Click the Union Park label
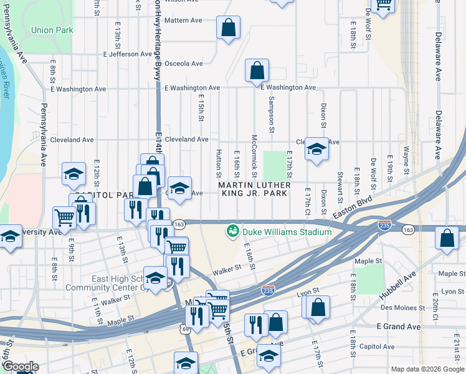52,30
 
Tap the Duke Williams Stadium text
287,232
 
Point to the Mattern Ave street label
183,20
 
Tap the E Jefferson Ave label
131,54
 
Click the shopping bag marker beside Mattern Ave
228,27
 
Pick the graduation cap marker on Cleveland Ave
316,149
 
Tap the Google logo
21,367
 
